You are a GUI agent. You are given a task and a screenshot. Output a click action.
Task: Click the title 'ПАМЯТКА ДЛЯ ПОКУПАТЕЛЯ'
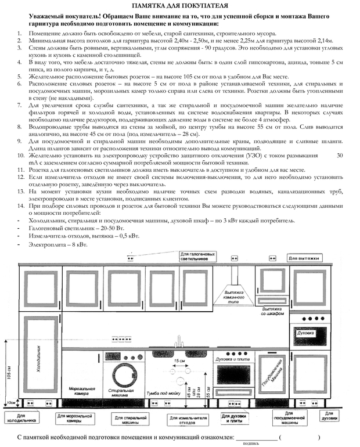pos(179,5)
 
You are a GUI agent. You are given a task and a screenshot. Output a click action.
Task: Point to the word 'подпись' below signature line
pos(251,443)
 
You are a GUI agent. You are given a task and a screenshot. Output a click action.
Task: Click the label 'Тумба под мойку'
pos(163,393)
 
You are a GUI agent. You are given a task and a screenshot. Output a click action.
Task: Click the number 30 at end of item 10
pos(340,156)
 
